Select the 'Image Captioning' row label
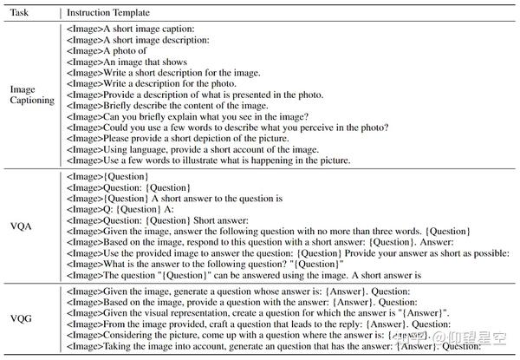32,95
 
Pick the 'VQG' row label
22,317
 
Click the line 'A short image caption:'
131,29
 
